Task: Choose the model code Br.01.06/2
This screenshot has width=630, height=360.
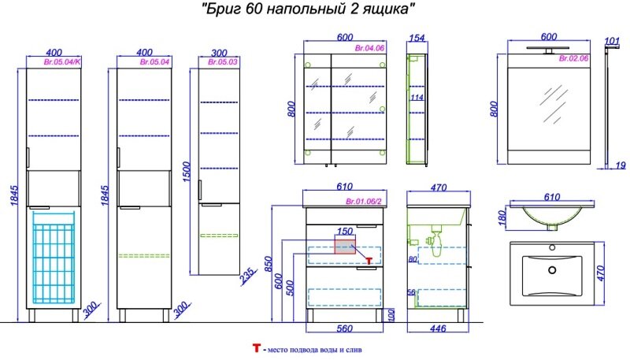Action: tap(364, 202)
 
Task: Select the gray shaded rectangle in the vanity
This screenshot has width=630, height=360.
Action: tap(344, 245)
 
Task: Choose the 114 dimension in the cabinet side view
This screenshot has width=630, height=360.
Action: tap(416, 98)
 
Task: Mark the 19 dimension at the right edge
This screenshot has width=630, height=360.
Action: tap(621, 165)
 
